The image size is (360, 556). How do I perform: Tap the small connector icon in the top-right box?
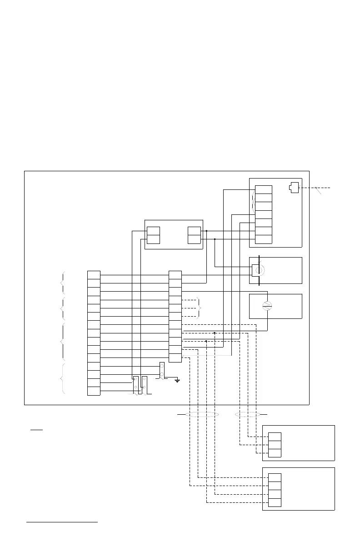tap(294, 188)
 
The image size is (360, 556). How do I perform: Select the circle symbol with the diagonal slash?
tap(267, 306)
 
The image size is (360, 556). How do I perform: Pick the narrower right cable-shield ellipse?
tap(248, 414)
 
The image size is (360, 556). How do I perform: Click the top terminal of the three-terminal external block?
tap(275, 437)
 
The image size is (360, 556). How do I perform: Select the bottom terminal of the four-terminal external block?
tap(275, 502)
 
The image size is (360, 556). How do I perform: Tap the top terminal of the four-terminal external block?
tap(275, 477)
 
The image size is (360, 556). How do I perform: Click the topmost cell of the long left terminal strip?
tap(94, 275)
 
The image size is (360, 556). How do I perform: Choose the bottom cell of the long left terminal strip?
tap(94, 391)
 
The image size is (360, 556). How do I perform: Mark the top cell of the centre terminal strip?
tap(175, 275)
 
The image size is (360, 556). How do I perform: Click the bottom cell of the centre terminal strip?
tap(175, 358)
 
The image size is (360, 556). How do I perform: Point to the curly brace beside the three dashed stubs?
tap(198, 308)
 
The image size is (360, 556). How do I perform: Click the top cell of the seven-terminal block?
tap(264, 190)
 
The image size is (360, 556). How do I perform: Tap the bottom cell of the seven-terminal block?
tap(264, 239)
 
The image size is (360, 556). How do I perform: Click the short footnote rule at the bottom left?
tap(62, 522)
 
